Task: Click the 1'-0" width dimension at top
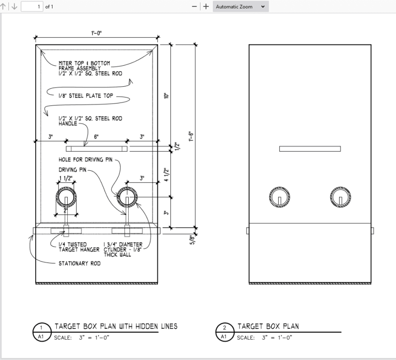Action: click(97, 33)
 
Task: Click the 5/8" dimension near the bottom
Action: click(192, 240)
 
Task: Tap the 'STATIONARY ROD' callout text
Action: click(79, 263)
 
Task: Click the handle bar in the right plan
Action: click(310, 149)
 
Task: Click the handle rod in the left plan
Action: click(97, 149)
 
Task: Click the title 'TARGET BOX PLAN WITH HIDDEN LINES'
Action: click(115, 326)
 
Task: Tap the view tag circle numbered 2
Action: click(225, 328)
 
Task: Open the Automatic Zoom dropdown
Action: click(241, 7)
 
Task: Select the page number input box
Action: click(31, 7)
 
